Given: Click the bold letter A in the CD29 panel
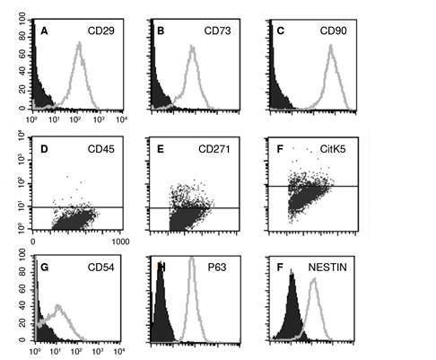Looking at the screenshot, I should pos(43,31).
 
